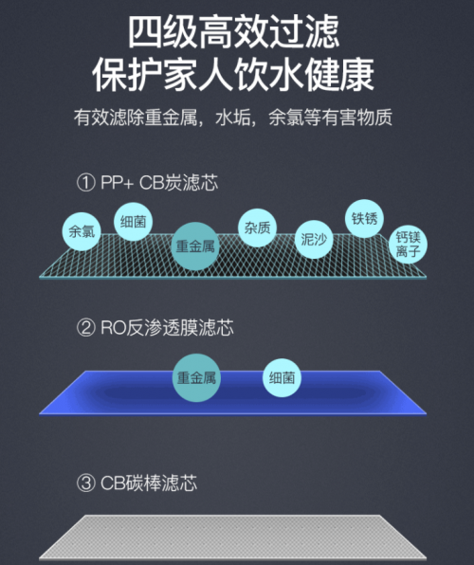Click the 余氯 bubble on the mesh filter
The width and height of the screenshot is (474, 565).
[82, 231]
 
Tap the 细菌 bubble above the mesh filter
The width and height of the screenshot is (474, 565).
[134, 222]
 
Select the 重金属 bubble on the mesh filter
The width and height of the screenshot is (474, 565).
[195, 246]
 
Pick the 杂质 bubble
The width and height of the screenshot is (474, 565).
[257, 228]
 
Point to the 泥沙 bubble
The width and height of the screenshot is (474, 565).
[314, 239]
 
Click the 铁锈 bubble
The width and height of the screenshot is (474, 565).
[364, 218]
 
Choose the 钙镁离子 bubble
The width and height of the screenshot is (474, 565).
[408, 245]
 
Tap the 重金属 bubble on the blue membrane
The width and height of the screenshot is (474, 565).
[196, 377]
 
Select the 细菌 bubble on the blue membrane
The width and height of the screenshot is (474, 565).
[282, 377]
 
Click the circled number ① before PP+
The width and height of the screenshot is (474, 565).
[86, 183]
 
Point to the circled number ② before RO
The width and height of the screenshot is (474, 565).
[86, 328]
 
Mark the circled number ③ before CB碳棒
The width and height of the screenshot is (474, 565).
[86, 483]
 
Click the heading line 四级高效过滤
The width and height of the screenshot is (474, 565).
[233, 31]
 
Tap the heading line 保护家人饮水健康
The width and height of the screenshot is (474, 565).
[233, 75]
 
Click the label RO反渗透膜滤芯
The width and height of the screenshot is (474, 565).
[167, 328]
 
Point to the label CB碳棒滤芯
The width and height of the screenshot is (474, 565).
[149, 483]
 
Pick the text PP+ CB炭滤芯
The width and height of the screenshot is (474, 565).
[159, 183]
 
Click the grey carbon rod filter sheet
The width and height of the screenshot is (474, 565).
[233, 538]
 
